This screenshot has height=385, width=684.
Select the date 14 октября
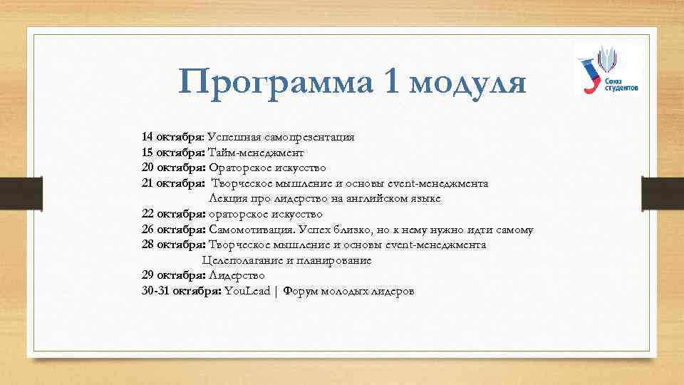173,136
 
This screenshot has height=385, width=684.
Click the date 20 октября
173,168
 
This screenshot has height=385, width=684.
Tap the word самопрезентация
311,136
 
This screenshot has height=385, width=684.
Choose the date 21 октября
173,183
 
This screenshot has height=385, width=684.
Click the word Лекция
228,198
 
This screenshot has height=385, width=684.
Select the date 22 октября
173,214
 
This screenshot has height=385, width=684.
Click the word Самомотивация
252,230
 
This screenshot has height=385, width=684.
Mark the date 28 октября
173,245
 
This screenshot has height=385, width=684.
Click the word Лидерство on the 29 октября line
237,276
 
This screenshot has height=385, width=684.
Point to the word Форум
300,292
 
